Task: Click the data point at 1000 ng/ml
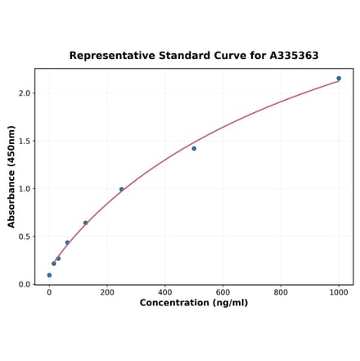pyautogui.click(x=339, y=79)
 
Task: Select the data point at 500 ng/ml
pyautogui.click(x=194, y=148)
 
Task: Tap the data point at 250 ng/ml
pyautogui.click(x=122, y=189)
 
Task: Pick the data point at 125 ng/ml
pyautogui.click(x=85, y=223)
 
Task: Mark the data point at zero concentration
pyautogui.click(x=49, y=275)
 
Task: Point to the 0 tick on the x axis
pyautogui.click(x=49, y=292)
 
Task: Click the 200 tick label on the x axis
pyautogui.click(x=107, y=292)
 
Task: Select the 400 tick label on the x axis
pyautogui.click(x=165, y=292)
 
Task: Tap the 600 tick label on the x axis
pyautogui.click(x=223, y=292)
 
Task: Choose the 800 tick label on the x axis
pyautogui.click(x=281, y=292)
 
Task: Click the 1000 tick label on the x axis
pyautogui.click(x=339, y=292)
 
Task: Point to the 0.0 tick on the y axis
pyautogui.click(x=24, y=285)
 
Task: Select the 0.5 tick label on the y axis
pyautogui.click(x=24, y=237)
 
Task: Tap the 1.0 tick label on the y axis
pyautogui.click(x=24, y=189)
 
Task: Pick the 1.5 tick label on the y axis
pyautogui.click(x=24, y=141)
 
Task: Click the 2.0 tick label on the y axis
pyautogui.click(x=24, y=93)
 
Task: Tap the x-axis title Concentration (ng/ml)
pyautogui.click(x=194, y=303)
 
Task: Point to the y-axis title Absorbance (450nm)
pyautogui.click(x=11, y=176)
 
